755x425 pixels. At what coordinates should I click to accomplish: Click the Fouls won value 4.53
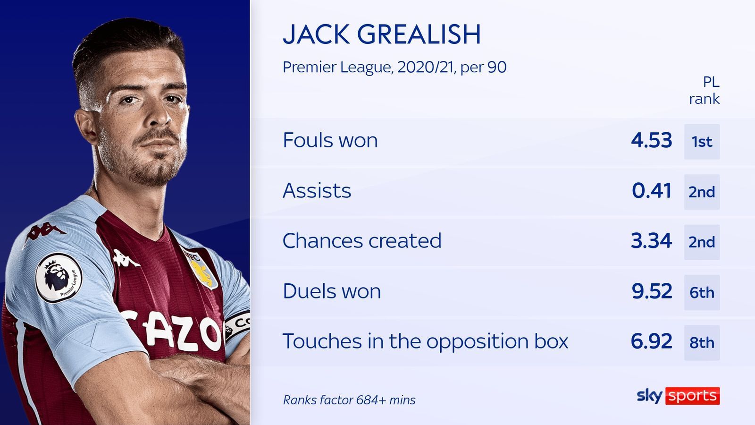652,140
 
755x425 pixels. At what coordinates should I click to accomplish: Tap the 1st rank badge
702,142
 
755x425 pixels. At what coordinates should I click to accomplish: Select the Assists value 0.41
652,191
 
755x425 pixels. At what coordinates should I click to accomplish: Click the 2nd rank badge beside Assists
702,192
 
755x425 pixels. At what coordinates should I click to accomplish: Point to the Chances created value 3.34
652,241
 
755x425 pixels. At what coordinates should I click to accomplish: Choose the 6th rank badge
702,292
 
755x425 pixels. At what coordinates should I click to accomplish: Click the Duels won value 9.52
652,291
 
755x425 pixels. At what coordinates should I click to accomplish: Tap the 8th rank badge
702,343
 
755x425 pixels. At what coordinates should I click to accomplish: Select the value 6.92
652,341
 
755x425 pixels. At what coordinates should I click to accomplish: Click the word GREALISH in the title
419,34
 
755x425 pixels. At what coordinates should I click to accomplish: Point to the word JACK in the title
316,34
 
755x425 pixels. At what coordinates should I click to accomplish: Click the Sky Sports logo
678,396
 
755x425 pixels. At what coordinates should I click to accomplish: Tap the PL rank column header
705,90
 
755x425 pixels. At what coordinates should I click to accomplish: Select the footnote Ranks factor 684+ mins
349,400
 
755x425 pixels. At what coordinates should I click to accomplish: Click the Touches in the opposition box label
425,341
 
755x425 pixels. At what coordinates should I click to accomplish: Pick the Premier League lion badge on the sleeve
59,277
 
